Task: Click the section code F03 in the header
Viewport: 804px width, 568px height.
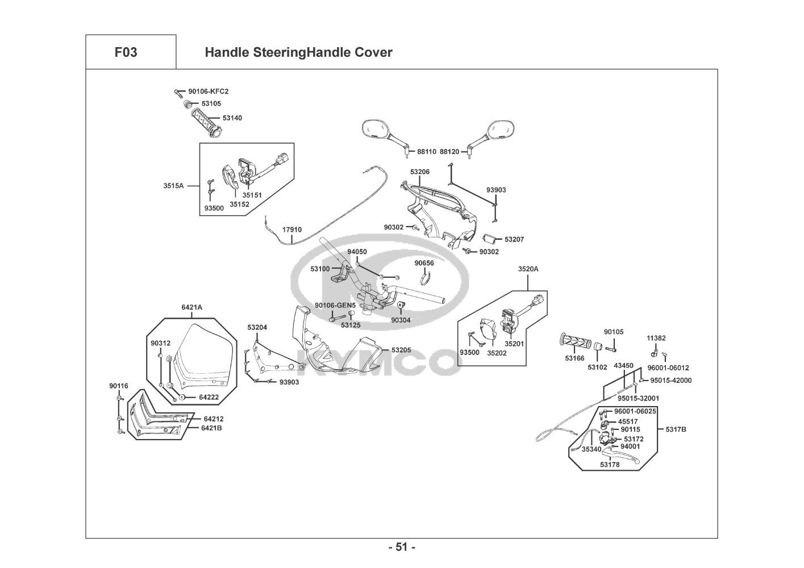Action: click(126, 53)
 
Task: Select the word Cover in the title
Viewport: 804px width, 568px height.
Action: click(373, 53)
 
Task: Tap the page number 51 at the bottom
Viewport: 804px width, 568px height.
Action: click(402, 548)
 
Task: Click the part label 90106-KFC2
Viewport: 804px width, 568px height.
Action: click(208, 91)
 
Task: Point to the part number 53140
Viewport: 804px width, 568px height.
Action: click(232, 118)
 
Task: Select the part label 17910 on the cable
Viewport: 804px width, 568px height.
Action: click(292, 230)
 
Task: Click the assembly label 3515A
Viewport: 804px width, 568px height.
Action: click(173, 186)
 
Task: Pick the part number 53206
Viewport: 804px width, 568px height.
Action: click(420, 172)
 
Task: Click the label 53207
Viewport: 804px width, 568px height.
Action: click(514, 240)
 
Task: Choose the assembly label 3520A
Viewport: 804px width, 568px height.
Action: click(528, 269)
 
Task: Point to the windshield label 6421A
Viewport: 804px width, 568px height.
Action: click(191, 307)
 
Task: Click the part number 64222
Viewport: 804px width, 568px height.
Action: click(209, 397)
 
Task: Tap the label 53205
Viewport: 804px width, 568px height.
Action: click(401, 350)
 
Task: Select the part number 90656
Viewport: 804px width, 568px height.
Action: click(424, 263)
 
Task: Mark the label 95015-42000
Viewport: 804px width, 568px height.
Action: click(670, 381)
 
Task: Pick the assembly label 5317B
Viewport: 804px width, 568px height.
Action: click(676, 429)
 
